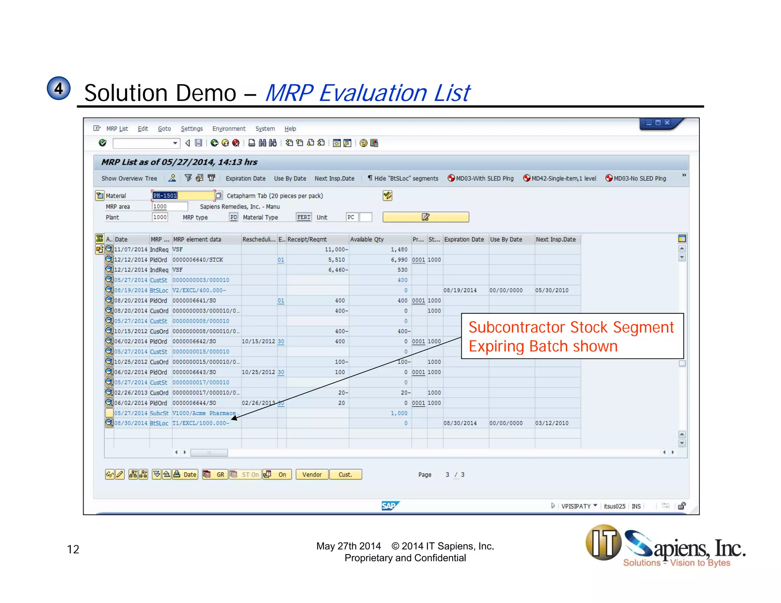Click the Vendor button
click(x=312, y=475)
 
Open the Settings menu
click(x=191, y=129)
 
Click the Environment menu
click(x=229, y=129)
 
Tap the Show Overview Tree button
click(x=129, y=178)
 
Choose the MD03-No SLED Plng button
click(x=636, y=178)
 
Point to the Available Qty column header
click(x=367, y=239)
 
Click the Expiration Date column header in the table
click(x=464, y=239)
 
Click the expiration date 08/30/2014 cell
click(x=460, y=423)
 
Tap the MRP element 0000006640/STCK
click(x=198, y=260)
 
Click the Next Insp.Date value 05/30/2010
click(x=551, y=290)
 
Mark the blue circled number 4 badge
click(x=59, y=88)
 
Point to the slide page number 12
click(x=73, y=549)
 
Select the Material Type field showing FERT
click(x=304, y=217)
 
